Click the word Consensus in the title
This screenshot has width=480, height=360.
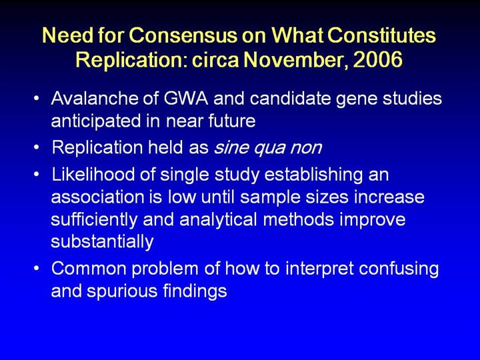[x=183, y=35]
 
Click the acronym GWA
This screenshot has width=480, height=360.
[x=185, y=98]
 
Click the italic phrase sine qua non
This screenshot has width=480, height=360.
[x=267, y=147]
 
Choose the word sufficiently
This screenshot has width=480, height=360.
[x=94, y=220]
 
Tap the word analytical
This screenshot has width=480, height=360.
[x=218, y=220]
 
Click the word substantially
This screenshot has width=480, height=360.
[x=102, y=242]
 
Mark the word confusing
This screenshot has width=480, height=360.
[x=399, y=269]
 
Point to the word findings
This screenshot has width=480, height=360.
[x=195, y=291]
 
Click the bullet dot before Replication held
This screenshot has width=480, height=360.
[x=37, y=147]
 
